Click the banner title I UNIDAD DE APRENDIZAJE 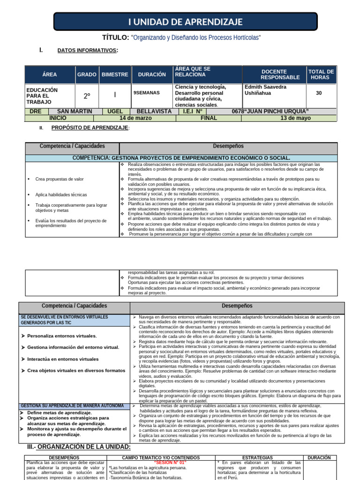pyautogui.click(x=185, y=22)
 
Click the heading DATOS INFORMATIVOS pyautogui.click(x=87, y=51)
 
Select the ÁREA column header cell pyautogui.click(x=49, y=75)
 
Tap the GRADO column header pyautogui.click(x=87, y=75)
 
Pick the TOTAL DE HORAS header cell pyautogui.click(x=321, y=75)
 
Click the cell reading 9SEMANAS pyautogui.click(x=147, y=93)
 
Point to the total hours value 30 pyautogui.click(x=319, y=93)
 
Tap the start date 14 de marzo pyautogui.click(x=135, y=118)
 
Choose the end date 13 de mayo pyautogui.click(x=295, y=118)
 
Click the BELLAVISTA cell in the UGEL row pyautogui.click(x=154, y=112)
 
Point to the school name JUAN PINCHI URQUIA pyautogui.click(x=277, y=112)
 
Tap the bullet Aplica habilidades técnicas pyautogui.click(x=61, y=195)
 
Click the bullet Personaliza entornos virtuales pyautogui.click(x=62, y=336)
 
